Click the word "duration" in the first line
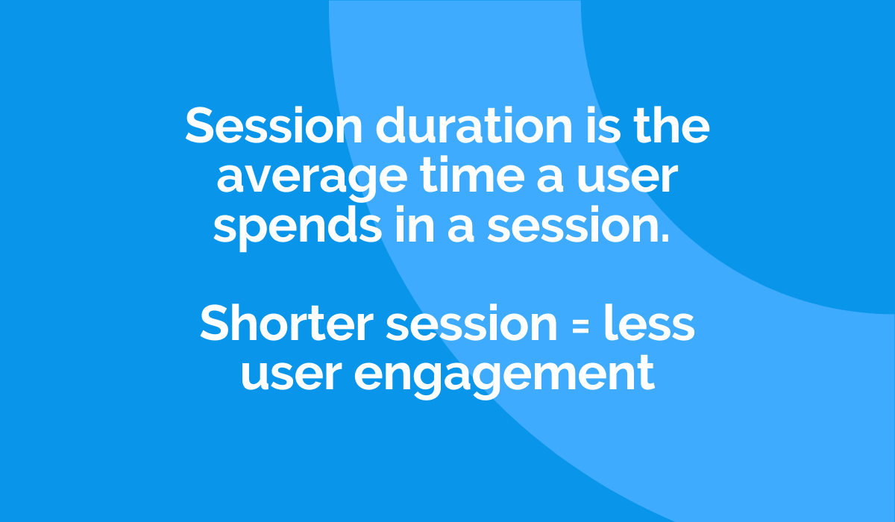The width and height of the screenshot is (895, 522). [x=474, y=125]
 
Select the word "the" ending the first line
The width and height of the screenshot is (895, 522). [x=672, y=125]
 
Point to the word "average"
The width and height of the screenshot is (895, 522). [x=312, y=179]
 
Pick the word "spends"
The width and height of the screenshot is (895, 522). [x=298, y=227]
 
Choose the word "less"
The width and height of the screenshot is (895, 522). [x=650, y=322]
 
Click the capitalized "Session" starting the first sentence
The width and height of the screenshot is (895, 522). [x=274, y=125]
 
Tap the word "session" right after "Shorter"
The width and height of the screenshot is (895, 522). [x=472, y=324]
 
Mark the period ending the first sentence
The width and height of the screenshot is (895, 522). [x=665, y=237]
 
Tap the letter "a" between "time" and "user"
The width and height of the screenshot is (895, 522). [x=550, y=179]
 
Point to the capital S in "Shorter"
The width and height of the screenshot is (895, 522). [x=216, y=322]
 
